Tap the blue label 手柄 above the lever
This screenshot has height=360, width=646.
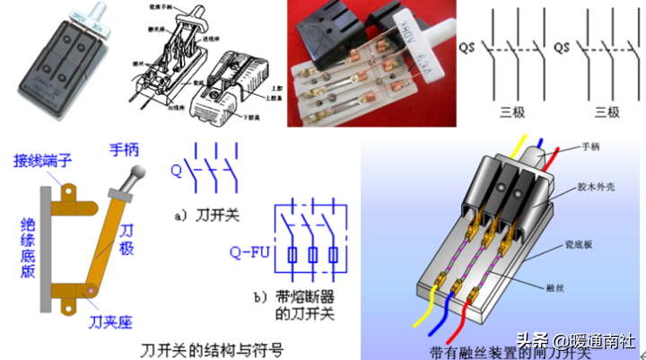coord(126,149)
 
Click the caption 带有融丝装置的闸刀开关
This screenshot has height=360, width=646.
coord(499,350)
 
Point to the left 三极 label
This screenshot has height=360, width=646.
coord(514,112)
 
